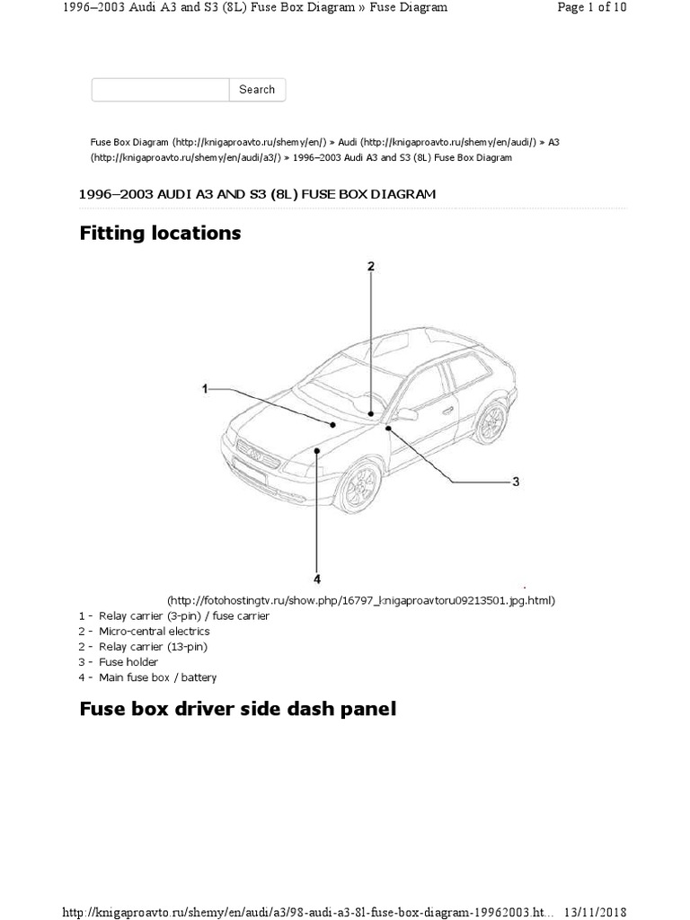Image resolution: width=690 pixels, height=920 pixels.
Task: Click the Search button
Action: click(x=257, y=90)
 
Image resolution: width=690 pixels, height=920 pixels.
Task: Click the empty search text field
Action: click(x=160, y=90)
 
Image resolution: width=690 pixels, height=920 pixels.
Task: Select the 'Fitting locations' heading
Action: click(x=161, y=234)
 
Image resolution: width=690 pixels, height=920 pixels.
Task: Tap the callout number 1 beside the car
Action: click(x=205, y=389)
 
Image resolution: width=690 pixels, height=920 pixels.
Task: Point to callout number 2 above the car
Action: click(x=370, y=266)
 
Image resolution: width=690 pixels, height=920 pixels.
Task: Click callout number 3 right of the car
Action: click(x=516, y=482)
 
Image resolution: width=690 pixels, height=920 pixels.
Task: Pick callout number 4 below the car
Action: click(x=317, y=579)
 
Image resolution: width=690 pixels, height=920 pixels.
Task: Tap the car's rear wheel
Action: click(x=491, y=422)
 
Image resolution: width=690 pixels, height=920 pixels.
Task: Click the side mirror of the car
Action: click(x=406, y=414)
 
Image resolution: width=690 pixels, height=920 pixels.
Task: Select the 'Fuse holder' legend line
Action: click(x=116, y=662)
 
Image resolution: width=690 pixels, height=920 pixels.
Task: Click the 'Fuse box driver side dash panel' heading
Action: click(x=238, y=710)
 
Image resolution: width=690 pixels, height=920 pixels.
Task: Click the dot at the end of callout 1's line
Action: click(x=332, y=424)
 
